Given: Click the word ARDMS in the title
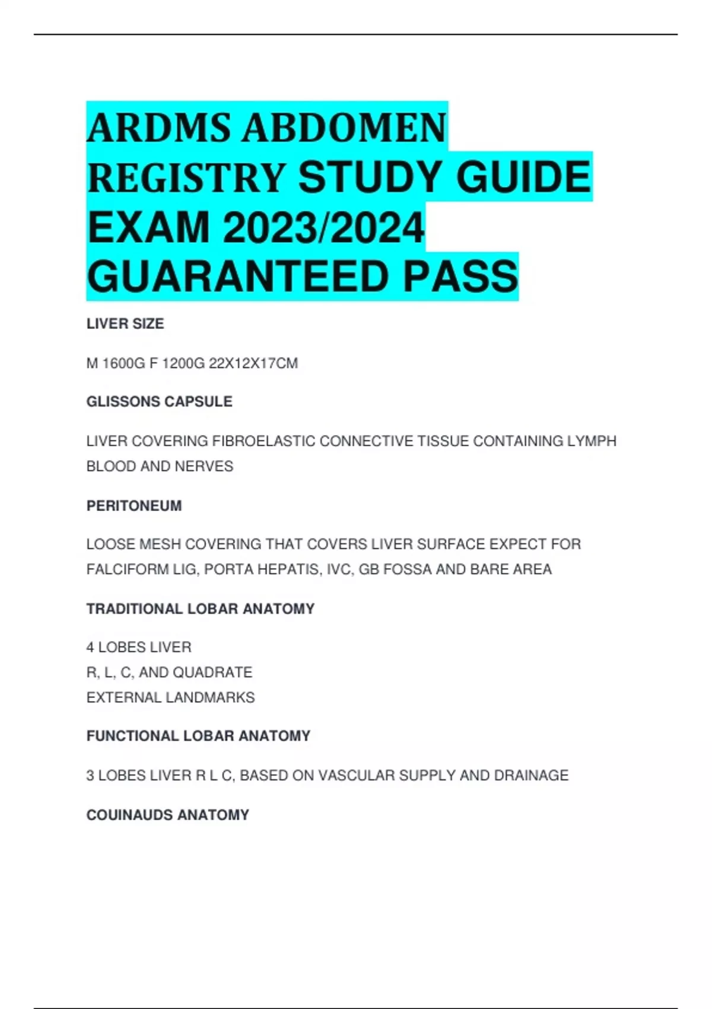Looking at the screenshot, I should (x=158, y=128).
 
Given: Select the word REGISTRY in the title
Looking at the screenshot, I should (x=186, y=177).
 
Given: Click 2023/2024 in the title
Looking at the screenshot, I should (x=323, y=227).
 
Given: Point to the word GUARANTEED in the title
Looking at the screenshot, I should (x=237, y=277).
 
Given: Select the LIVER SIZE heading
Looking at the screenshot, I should (x=125, y=323).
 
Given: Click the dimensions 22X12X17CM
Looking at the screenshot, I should (x=253, y=363).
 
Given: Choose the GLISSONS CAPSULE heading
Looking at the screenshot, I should (x=159, y=402).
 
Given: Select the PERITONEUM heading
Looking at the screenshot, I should (x=134, y=506).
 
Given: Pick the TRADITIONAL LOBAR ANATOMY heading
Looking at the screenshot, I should (x=201, y=609).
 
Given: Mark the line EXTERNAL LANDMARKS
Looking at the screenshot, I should (x=170, y=697).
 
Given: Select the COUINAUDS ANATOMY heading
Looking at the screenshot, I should (x=168, y=815).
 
